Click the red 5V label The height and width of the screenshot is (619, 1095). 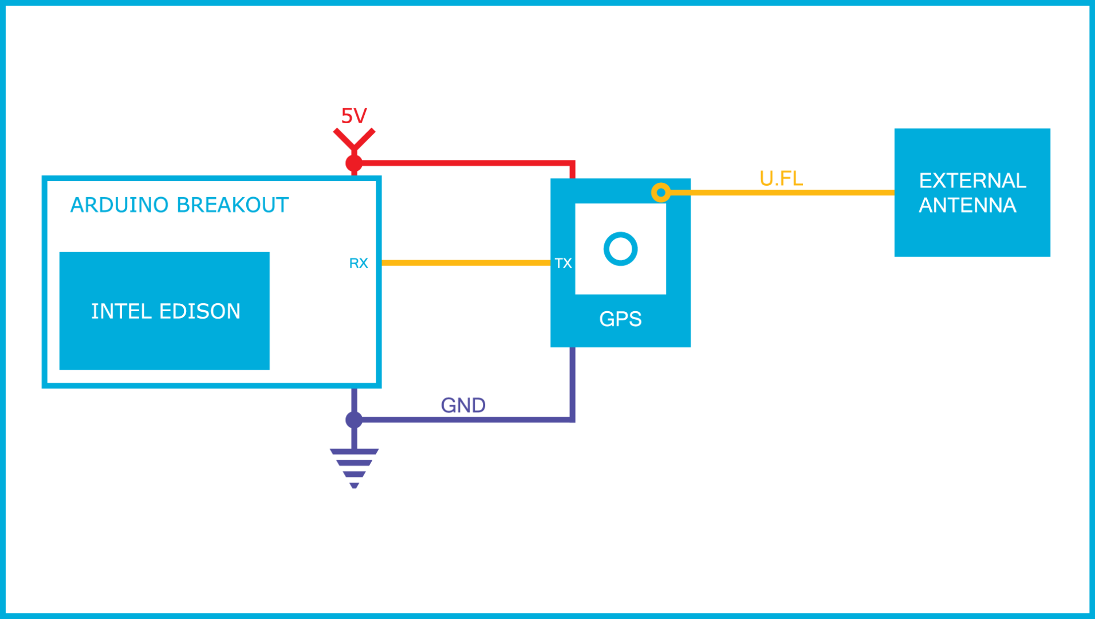pyautogui.click(x=353, y=116)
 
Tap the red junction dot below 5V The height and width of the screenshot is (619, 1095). pyautogui.click(x=354, y=163)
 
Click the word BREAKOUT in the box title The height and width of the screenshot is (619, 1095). pyautogui.click(x=233, y=205)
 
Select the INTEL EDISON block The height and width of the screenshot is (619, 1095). pyautogui.click(x=165, y=311)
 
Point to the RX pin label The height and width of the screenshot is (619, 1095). pyautogui.click(x=359, y=263)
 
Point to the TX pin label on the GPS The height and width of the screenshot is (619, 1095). pyautogui.click(x=563, y=263)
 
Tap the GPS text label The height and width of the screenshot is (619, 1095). pyautogui.click(x=620, y=319)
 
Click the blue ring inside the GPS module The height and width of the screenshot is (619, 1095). pyautogui.click(x=620, y=249)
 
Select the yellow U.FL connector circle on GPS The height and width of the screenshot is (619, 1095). pyautogui.click(x=661, y=193)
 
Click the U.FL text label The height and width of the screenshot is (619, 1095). pyautogui.click(x=781, y=178)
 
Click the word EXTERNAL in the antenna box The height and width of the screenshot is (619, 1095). pyautogui.click(x=972, y=181)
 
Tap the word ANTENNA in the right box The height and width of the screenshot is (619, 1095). pyautogui.click(x=967, y=205)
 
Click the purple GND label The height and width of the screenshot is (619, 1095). pyautogui.click(x=463, y=405)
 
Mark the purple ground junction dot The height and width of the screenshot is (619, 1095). pyautogui.click(x=354, y=420)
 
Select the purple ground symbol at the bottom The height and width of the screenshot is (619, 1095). pyautogui.click(x=354, y=467)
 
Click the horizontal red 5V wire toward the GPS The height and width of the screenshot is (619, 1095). pyautogui.click(x=464, y=163)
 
